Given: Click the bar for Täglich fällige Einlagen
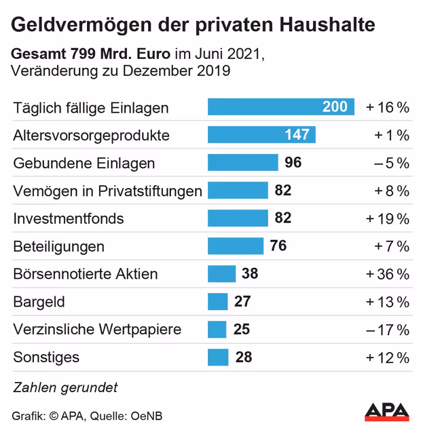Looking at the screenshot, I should [x=280, y=107].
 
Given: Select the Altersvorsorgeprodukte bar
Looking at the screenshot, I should [x=261, y=135].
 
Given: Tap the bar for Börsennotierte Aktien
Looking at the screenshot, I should [x=221, y=274].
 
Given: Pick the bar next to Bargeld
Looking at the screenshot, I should [x=217, y=302].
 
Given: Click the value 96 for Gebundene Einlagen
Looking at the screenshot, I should [x=293, y=163].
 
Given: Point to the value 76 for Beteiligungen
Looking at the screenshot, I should [x=278, y=246].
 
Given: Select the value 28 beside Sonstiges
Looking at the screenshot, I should [x=244, y=357].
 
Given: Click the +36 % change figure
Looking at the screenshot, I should [x=387, y=274].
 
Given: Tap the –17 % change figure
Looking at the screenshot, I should [x=387, y=330].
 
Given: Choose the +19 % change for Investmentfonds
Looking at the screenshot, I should [x=387, y=218].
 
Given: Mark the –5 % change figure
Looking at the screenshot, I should [x=391, y=163].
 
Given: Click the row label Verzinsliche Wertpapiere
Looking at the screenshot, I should [x=97, y=330].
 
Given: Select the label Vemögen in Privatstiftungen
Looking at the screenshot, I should [x=107, y=191].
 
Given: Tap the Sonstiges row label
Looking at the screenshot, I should [x=46, y=357].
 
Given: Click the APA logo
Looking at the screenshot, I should [x=386, y=411].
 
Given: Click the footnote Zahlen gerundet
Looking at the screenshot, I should [x=65, y=387].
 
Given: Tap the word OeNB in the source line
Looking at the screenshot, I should [x=147, y=415].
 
